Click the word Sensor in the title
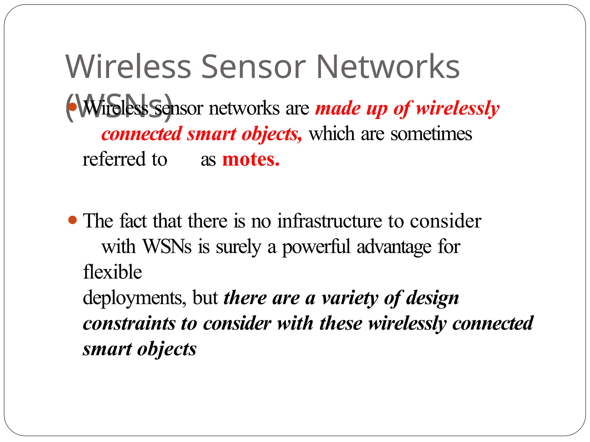point(253,67)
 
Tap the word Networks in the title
point(388,67)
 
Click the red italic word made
point(337,108)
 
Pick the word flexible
point(112,272)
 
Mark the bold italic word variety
point(350,298)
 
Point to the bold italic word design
point(432,298)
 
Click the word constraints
point(129,323)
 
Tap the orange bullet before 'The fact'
point(73,220)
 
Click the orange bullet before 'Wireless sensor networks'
point(73,107)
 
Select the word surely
point(239,247)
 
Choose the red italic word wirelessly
point(457,108)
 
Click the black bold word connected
point(493,323)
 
